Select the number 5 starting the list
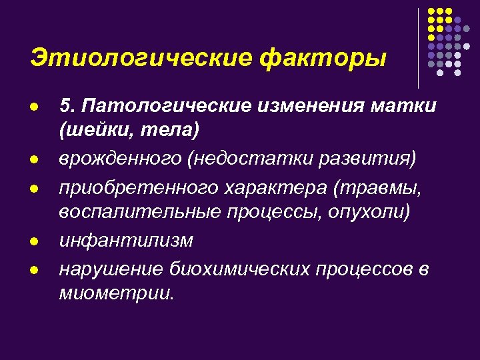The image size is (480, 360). (65, 105)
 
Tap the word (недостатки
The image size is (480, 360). (267, 160)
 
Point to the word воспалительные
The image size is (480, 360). (139, 213)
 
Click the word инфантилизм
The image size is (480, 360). (126, 241)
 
